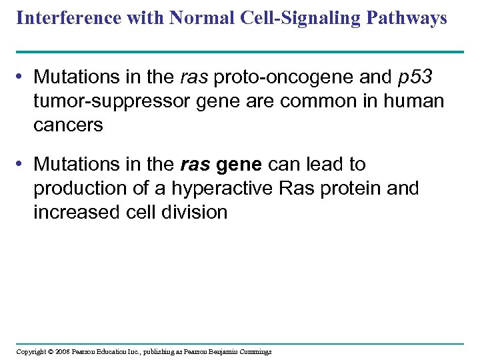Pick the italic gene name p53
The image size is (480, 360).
point(417,77)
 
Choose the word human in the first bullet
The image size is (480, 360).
point(411,101)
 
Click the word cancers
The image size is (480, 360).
point(68,125)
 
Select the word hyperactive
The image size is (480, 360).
point(223,189)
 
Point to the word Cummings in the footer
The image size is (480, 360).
point(253,351)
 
